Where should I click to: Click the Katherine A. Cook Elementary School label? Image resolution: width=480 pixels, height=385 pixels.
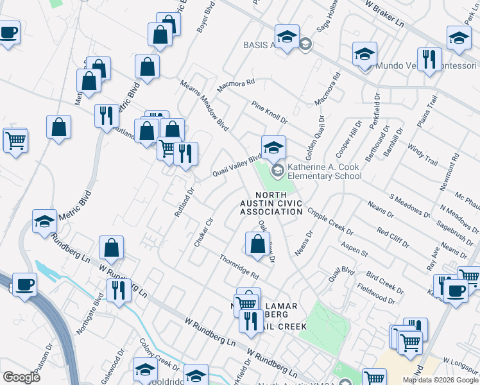324,171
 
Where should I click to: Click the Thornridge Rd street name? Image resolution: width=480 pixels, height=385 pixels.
238,267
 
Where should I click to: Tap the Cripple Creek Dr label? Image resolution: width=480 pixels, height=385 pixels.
330,221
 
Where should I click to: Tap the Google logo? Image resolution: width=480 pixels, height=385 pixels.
21,377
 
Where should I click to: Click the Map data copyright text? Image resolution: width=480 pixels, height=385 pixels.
440,380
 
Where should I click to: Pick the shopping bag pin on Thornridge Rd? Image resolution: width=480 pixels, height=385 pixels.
257,244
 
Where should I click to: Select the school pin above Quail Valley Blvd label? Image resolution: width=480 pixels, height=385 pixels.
273,148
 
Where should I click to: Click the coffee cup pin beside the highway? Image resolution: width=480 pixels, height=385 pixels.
24,284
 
